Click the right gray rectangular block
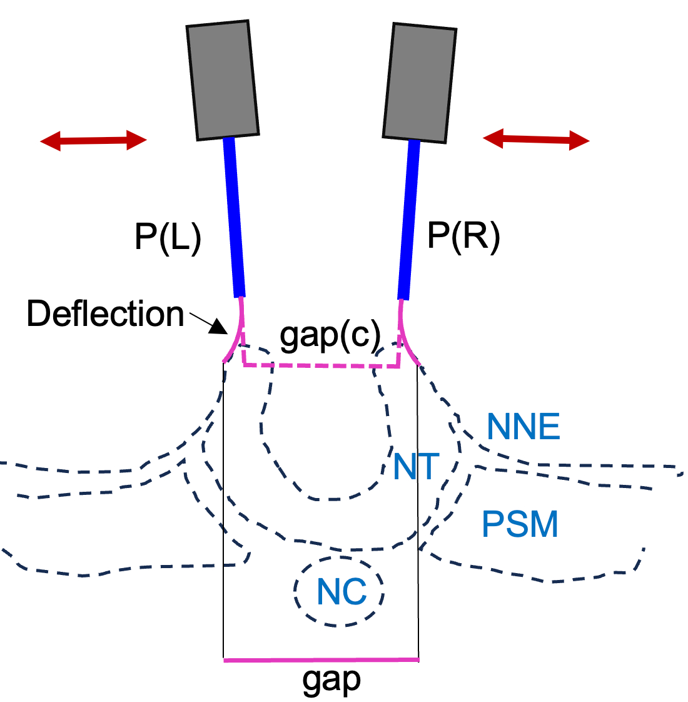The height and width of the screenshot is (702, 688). [419, 83]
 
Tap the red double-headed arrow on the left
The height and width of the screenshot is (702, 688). [93, 141]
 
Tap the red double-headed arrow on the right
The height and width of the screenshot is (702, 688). [536, 140]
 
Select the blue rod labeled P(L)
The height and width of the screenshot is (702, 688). [234, 216]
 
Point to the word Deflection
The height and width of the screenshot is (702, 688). [105, 314]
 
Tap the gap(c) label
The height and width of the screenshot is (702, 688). [330, 336]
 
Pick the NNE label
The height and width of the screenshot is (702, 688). [523, 427]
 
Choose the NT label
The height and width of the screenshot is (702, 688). [416, 467]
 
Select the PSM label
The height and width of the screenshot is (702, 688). [520, 524]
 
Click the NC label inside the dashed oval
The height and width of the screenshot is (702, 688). [341, 591]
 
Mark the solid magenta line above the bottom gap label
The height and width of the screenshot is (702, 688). [321, 659]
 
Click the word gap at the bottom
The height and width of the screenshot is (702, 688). [331, 680]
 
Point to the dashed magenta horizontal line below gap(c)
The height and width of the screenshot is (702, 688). [321, 365]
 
